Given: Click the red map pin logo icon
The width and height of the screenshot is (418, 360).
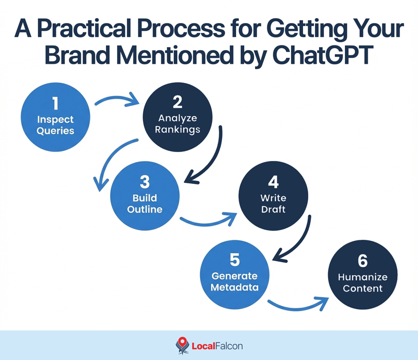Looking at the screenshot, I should [181, 345].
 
